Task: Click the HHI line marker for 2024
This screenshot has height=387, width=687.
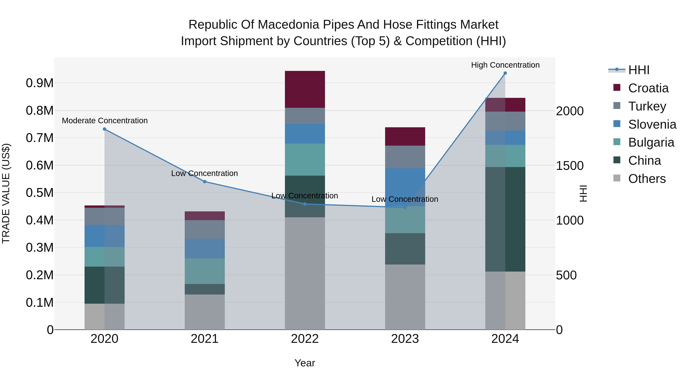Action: click(505, 73)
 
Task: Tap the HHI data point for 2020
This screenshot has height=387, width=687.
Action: click(105, 129)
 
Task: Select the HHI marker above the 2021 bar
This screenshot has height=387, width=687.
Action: click(205, 182)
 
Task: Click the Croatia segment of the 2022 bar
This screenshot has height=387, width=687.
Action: click(305, 89)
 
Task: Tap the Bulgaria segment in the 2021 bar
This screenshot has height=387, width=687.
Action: click(205, 271)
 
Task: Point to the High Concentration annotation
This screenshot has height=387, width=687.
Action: click(505, 65)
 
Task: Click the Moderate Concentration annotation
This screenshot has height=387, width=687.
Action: click(105, 121)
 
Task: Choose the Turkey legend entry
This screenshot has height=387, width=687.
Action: click(647, 106)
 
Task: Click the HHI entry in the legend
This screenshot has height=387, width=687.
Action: click(639, 70)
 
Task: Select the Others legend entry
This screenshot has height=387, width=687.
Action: click(647, 179)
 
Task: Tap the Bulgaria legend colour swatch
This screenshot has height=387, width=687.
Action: click(617, 142)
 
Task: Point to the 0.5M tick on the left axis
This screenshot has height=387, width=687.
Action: click(40, 193)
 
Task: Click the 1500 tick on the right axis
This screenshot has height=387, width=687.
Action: click(570, 166)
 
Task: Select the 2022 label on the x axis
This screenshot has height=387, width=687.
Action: click(305, 339)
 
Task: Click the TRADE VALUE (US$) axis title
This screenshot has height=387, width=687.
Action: click(6, 193)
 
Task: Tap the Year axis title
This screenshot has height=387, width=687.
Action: click(305, 363)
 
